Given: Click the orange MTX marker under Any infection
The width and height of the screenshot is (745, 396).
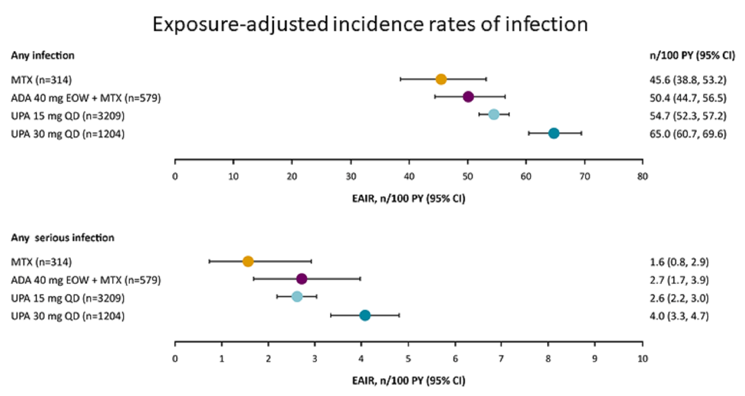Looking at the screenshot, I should tap(441, 79).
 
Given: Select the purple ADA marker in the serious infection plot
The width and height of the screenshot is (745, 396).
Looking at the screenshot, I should tap(302, 279).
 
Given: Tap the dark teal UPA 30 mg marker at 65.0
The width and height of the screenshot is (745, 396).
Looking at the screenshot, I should tap(554, 133).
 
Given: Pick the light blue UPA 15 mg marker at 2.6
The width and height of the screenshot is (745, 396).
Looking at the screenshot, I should tap(297, 297).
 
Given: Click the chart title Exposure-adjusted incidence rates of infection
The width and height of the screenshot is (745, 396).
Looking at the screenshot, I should tap(370, 24).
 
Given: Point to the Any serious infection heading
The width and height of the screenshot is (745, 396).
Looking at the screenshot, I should tap(62, 238).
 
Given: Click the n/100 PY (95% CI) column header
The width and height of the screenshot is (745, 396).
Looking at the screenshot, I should tap(692, 55).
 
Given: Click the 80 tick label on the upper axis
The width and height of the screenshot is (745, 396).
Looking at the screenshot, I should tap(643, 177).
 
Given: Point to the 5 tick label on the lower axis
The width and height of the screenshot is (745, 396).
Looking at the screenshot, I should tap(408, 359).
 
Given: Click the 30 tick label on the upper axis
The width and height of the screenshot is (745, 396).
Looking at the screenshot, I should tap(351, 177).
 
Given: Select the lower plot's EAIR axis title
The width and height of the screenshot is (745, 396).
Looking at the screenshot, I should tap(408, 381).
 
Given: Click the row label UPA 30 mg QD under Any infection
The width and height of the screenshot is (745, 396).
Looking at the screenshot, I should tap(68, 134).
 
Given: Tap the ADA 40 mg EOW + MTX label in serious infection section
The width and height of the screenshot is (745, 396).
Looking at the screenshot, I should tap(86, 280).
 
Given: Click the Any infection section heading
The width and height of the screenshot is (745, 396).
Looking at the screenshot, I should tap(43, 55).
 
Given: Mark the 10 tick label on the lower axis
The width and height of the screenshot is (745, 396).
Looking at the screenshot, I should tap(643, 359).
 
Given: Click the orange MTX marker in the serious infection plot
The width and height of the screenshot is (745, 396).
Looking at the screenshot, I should tap(248, 261).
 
